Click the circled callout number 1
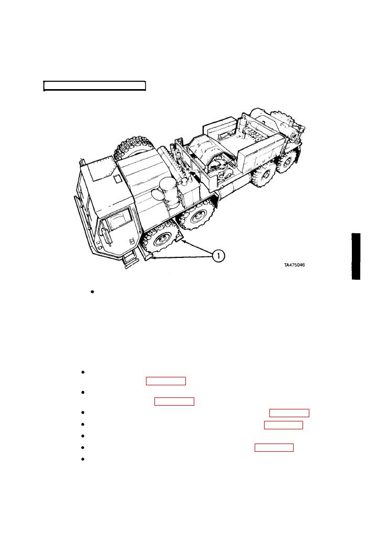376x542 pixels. pyautogui.click(x=218, y=256)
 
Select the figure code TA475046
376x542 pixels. pyautogui.click(x=294, y=265)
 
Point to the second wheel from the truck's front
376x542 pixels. pyautogui.click(x=196, y=215)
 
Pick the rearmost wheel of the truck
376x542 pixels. pyautogui.click(x=287, y=161)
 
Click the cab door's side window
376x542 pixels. pyautogui.click(x=119, y=220)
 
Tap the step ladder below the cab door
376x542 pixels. pyautogui.click(x=130, y=260)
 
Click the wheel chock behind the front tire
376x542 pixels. pyautogui.click(x=180, y=238)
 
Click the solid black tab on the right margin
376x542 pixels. pyautogui.click(x=356, y=256)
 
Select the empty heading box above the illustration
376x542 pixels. pyautogui.click(x=95, y=86)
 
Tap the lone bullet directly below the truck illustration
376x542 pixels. pyautogui.click(x=92, y=292)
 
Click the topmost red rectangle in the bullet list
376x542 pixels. pyautogui.click(x=166, y=381)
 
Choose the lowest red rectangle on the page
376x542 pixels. pyautogui.click(x=274, y=448)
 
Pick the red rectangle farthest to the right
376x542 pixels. pyautogui.click(x=289, y=413)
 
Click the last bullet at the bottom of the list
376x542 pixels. pyautogui.click(x=83, y=459)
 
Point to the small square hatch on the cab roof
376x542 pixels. pyautogui.click(x=118, y=179)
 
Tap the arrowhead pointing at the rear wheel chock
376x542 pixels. pyautogui.click(x=184, y=242)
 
